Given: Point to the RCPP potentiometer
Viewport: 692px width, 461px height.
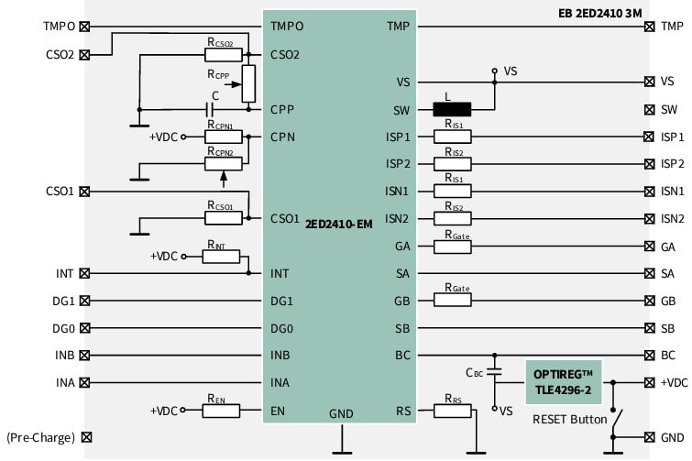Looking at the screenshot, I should (247, 83).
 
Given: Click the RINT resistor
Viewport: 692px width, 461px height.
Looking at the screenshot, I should (220, 257).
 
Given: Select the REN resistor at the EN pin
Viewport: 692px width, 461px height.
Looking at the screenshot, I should (220, 412).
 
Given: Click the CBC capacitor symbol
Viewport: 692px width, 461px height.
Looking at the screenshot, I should (495, 373).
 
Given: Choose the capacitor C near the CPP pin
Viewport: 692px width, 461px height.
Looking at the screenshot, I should (214, 109).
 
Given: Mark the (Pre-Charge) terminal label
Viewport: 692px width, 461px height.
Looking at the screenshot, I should (40, 438).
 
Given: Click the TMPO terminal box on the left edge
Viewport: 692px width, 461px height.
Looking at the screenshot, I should (85, 27).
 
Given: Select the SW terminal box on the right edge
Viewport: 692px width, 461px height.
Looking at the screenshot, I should (650, 109).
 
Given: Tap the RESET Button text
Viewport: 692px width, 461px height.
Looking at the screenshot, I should (570, 420).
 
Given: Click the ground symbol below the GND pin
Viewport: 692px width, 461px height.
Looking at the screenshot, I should (340, 449).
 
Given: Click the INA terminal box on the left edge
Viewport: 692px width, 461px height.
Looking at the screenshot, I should (85, 383).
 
